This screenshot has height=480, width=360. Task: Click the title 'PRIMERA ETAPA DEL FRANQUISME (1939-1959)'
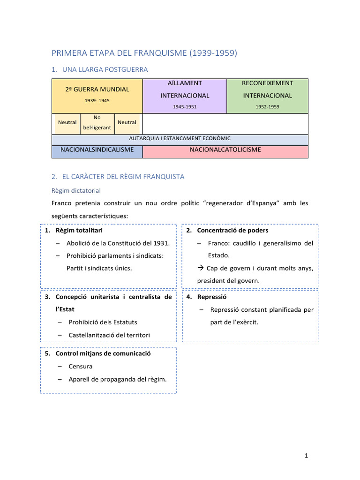tap(144, 53)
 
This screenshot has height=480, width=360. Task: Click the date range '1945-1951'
tap(185, 107)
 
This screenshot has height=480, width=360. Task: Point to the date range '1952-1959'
tap(267, 107)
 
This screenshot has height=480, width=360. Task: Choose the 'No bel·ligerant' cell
tap(97, 122)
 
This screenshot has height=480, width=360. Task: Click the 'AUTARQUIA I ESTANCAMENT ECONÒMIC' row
tap(180, 139)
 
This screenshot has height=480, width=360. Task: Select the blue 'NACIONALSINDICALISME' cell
tap(97, 150)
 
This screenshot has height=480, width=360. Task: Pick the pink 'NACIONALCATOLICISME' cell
tap(225, 150)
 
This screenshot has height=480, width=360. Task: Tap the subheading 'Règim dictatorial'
tap(75, 191)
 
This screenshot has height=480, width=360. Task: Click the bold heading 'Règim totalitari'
tap(79, 231)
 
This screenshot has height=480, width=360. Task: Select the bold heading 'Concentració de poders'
tap(232, 231)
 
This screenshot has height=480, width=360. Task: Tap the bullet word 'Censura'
tap(81, 366)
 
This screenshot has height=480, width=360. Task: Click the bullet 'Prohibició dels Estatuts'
tap(103, 322)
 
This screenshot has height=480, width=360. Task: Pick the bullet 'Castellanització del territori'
tap(109, 335)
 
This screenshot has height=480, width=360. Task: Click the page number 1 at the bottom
tap(306, 455)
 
